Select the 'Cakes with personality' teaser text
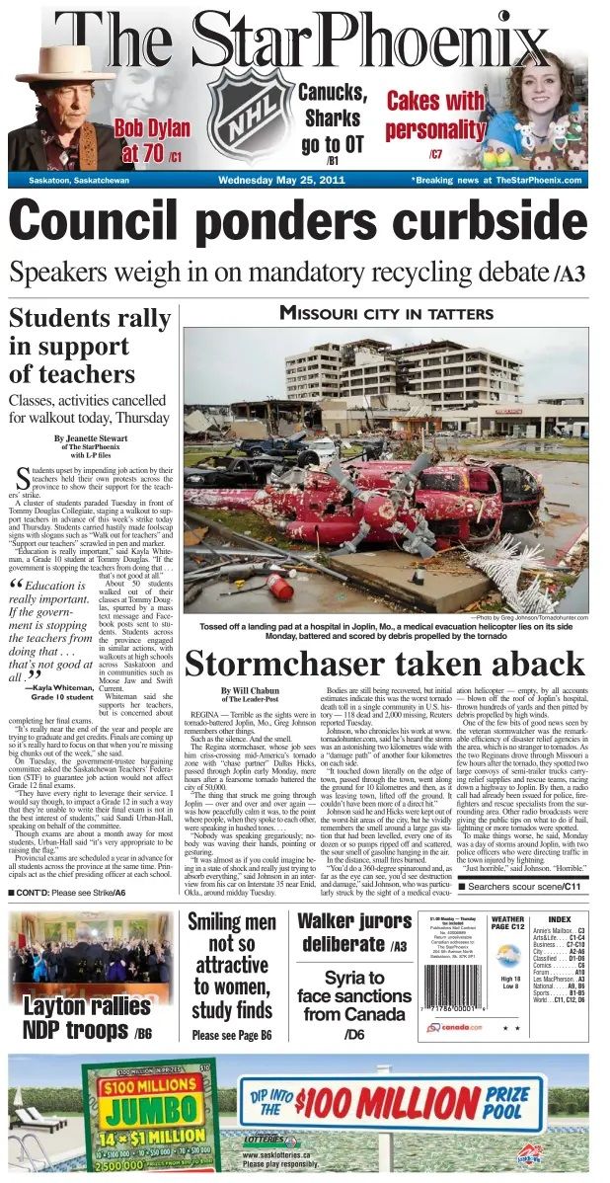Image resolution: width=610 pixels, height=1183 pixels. click(434, 116)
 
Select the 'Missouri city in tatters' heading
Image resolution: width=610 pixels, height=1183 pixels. click(386, 314)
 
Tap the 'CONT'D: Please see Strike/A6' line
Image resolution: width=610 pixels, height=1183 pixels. click(68, 893)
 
